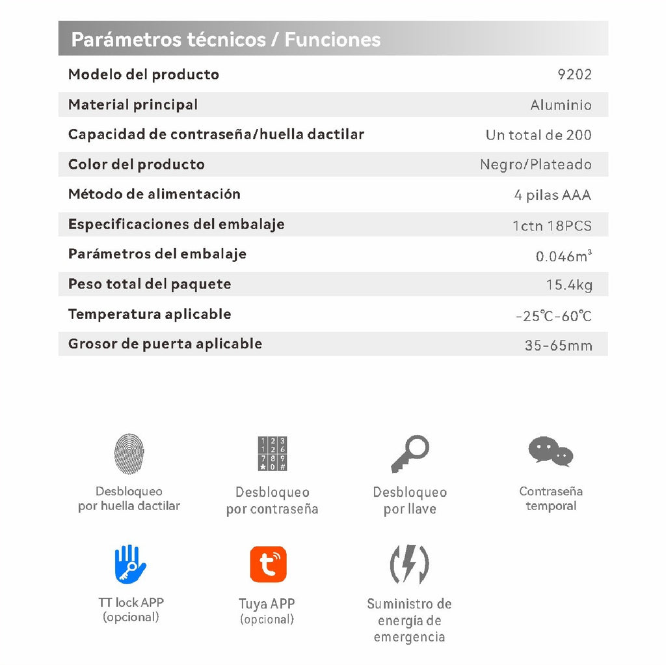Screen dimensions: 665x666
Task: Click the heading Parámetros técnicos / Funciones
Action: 226,40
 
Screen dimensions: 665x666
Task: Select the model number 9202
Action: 574,74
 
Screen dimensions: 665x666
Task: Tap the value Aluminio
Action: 561,105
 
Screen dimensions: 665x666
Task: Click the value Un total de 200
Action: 539,135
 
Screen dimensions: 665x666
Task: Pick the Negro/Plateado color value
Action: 535,164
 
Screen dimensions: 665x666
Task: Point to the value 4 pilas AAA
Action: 552,195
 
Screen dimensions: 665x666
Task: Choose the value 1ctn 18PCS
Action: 552,226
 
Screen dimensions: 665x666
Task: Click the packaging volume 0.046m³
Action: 563,256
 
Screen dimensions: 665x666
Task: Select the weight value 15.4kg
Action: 568,285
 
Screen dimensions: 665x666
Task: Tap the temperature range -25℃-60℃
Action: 553,317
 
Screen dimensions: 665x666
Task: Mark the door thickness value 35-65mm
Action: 558,345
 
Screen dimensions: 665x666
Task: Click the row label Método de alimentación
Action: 154,194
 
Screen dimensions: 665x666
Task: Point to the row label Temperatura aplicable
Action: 150,314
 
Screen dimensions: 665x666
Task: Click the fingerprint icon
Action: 129,454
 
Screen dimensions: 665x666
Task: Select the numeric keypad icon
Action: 272,454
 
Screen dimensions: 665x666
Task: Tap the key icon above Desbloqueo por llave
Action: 410,453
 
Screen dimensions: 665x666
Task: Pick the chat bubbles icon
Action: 550,451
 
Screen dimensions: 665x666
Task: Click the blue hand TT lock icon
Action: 130,564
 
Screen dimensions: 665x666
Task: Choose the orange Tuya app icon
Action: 268,564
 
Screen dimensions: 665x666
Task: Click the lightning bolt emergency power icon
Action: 409,564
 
